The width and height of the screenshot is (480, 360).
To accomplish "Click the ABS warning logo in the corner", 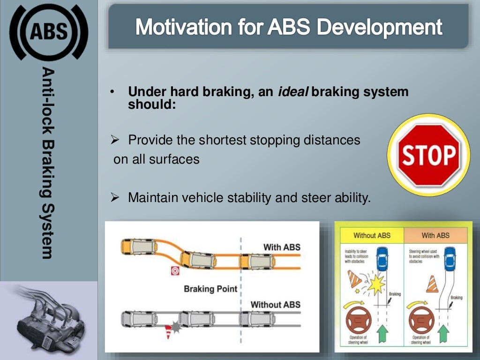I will click(x=48, y=31).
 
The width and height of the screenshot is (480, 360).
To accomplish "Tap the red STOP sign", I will click(x=428, y=155).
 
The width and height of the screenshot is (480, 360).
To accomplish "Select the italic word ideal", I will click(x=293, y=92).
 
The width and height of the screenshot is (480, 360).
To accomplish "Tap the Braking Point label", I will click(x=210, y=289).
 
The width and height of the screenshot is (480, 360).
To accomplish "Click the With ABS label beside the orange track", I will click(x=281, y=247).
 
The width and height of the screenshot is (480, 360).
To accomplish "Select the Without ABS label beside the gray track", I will click(x=275, y=305).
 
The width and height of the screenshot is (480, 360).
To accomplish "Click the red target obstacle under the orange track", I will click(x=175, y=271).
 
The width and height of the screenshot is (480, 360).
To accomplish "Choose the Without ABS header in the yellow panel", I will click(x=371, y=235).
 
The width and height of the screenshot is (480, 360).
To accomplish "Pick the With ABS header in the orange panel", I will click(x=435, y=235).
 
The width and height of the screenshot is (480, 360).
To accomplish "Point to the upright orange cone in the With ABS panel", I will click(x=432, y=284).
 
